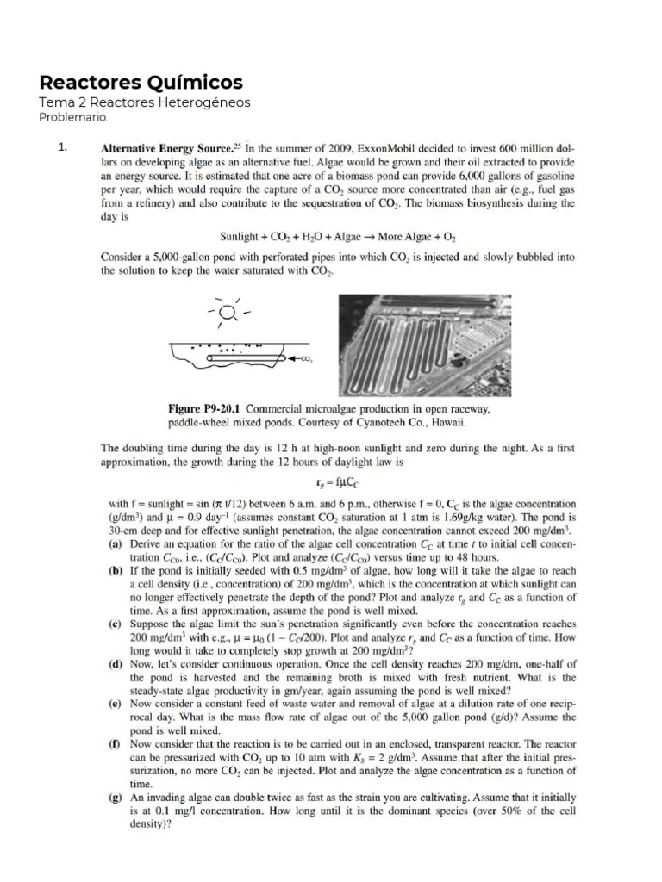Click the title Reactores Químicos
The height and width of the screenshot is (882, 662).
click(141, 83)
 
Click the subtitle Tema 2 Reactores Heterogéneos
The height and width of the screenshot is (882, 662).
click(145, 102)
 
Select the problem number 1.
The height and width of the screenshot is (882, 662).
click(63, 147)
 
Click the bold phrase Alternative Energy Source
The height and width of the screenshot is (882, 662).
click(160, 147)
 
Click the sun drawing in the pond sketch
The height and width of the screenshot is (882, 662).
click(228, 311)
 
